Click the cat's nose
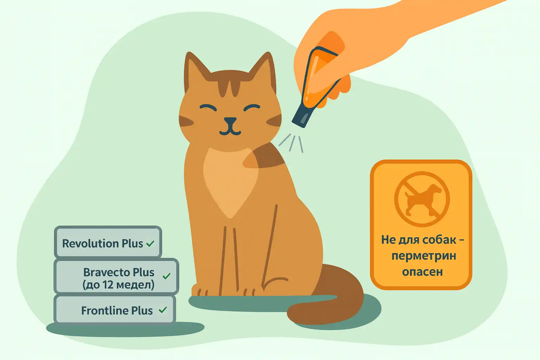point(230,121)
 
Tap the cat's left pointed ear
point(195,70)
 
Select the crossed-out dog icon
point(422,199)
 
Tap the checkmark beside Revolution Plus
point(150,244)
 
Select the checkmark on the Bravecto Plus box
point(167,276)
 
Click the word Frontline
point(105,310)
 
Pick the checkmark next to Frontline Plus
point(163,310)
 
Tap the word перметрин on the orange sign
point(424,256)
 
